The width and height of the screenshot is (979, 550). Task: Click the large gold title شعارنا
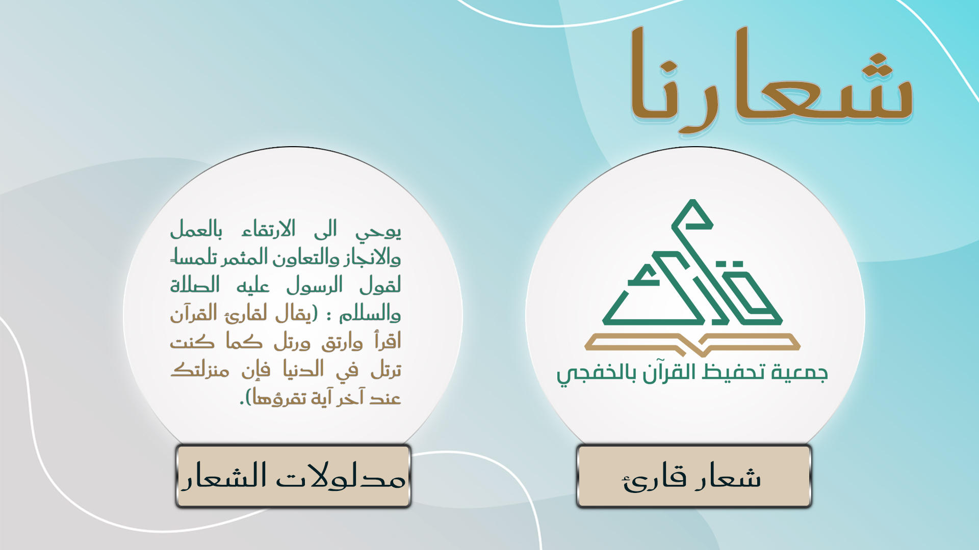[771, 80]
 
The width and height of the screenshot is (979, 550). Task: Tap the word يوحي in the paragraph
[378, 231]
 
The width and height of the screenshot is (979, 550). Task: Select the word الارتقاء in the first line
[269, 229]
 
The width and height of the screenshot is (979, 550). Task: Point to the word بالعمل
[196, 229]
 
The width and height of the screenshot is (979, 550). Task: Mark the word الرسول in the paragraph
[314, 285]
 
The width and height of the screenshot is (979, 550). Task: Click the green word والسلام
[370, 313]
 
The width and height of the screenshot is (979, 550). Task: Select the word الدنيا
[303, 369]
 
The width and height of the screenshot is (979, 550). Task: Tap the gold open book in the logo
[692, 345]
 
